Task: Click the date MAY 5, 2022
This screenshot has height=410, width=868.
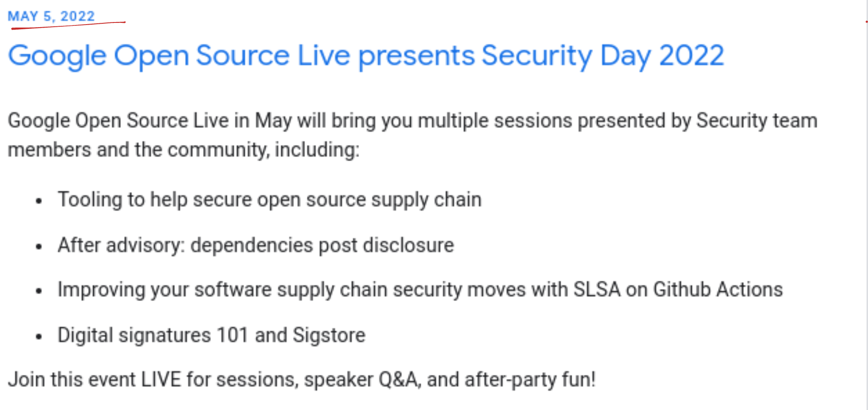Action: (51, 16)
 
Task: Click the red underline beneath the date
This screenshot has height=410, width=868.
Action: (68, 25)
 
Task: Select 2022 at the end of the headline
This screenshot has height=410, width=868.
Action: (692, 56)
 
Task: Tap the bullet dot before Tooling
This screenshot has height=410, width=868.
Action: (39, 201)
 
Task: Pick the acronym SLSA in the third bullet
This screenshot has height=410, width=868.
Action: (597, 290)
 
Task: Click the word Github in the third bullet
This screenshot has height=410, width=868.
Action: (682, 290)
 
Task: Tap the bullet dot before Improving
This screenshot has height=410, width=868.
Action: (39, 291)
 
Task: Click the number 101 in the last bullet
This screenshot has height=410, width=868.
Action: (232, 335)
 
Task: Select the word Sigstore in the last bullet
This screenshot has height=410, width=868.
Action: (329, 335)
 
